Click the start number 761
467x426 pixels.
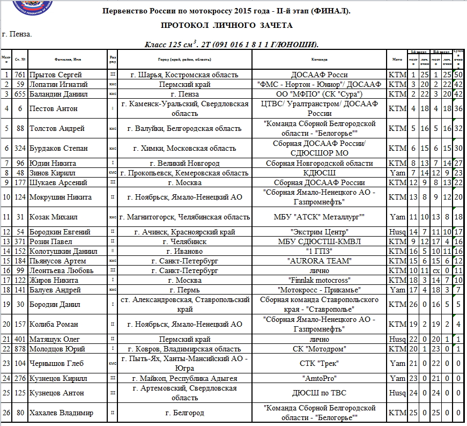click(20, 75)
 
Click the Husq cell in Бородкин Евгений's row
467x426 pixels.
click(397, 232)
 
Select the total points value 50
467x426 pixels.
click(459, 75)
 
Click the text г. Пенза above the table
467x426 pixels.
click(17, 34)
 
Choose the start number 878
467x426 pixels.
click(20, 349)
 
